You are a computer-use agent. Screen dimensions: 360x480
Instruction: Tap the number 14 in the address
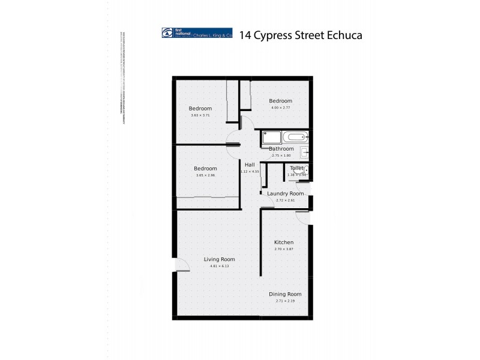pyautogui.click(x=245, y=35)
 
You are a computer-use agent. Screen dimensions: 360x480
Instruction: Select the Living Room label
pyautogui.click(x=219, y=259)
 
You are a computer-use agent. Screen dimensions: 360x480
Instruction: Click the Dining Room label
pyautogui.click(x=285, y=294)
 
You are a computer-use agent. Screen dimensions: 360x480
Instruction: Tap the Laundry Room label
pyautogui.click(x=286, y=194)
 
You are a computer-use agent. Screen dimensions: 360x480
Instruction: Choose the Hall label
pyautogui.click(x=250, y=164)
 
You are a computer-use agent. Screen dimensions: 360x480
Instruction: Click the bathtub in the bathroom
pyautogui.click(x=295, y=137)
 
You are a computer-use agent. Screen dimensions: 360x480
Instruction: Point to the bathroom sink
pyautogui.click(x=305, y=152)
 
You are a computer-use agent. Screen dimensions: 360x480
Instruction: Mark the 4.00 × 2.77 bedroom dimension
pyautogui.click(x=280, y=107)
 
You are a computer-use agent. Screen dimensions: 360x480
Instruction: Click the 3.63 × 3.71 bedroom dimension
pyautogui.click(x=200, y=115)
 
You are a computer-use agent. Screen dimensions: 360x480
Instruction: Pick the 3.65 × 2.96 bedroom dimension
pyautogui.click(x=206, y=175)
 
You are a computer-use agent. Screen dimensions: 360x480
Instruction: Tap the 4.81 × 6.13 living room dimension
pyautogui.click(x=219, y=266)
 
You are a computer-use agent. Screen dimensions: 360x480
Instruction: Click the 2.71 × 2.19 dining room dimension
pyautogui.click(x=285, y=301)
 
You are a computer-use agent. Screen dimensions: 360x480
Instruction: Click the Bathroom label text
pyautogui.click(x=281, y=149)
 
